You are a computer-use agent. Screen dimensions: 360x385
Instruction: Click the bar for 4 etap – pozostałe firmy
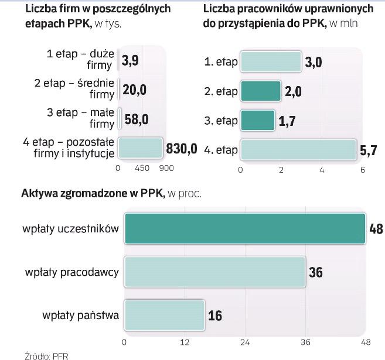[140, 148]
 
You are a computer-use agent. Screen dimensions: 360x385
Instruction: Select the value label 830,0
[182, 148]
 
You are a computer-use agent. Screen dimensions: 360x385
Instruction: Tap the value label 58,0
[136, 119]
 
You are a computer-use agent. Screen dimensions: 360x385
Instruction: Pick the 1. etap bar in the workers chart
[270, 62]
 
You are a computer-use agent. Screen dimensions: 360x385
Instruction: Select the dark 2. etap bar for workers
[260, 91]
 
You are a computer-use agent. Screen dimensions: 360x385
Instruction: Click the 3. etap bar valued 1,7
[257, 120]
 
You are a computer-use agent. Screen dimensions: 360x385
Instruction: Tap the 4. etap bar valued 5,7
[298, 150]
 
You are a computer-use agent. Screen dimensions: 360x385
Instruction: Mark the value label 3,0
[314, 63]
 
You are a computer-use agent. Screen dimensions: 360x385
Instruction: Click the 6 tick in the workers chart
[362, 170]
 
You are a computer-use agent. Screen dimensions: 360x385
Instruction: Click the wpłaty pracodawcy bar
[214, 272]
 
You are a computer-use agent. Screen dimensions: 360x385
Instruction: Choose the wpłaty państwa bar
[164, 316]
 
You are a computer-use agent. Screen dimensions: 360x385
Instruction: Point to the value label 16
[215, 316]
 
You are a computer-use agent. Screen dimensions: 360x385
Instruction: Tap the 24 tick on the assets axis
[246, 341]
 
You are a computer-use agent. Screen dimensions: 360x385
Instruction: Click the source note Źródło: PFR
[43, 355]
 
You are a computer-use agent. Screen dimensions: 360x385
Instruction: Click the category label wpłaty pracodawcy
[72, 272]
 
